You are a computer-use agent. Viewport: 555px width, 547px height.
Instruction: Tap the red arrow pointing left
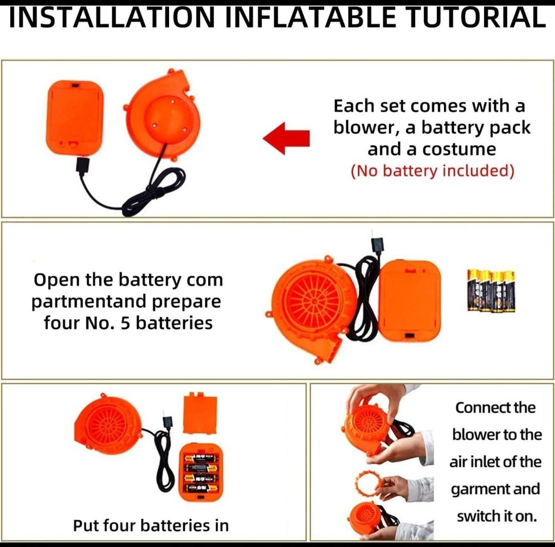click(x=286, y=138)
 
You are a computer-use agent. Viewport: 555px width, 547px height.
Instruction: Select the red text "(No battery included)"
click(x=432, y=171)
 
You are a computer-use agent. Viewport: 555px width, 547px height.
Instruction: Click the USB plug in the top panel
click(x=83, y=166)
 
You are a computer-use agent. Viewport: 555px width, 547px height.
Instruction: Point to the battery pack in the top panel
click(x=75, y=118)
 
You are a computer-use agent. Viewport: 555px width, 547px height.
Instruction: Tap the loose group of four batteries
click(x=491, y=290)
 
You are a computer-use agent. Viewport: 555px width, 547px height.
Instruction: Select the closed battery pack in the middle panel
click(x=410, y=301)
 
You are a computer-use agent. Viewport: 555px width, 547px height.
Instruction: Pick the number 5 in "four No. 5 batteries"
click(x=126, y=323)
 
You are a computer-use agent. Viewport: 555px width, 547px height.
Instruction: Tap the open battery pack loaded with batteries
click(x=202, y=472)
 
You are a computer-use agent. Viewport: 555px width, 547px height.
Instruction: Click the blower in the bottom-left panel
click(x=108, y=424)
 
